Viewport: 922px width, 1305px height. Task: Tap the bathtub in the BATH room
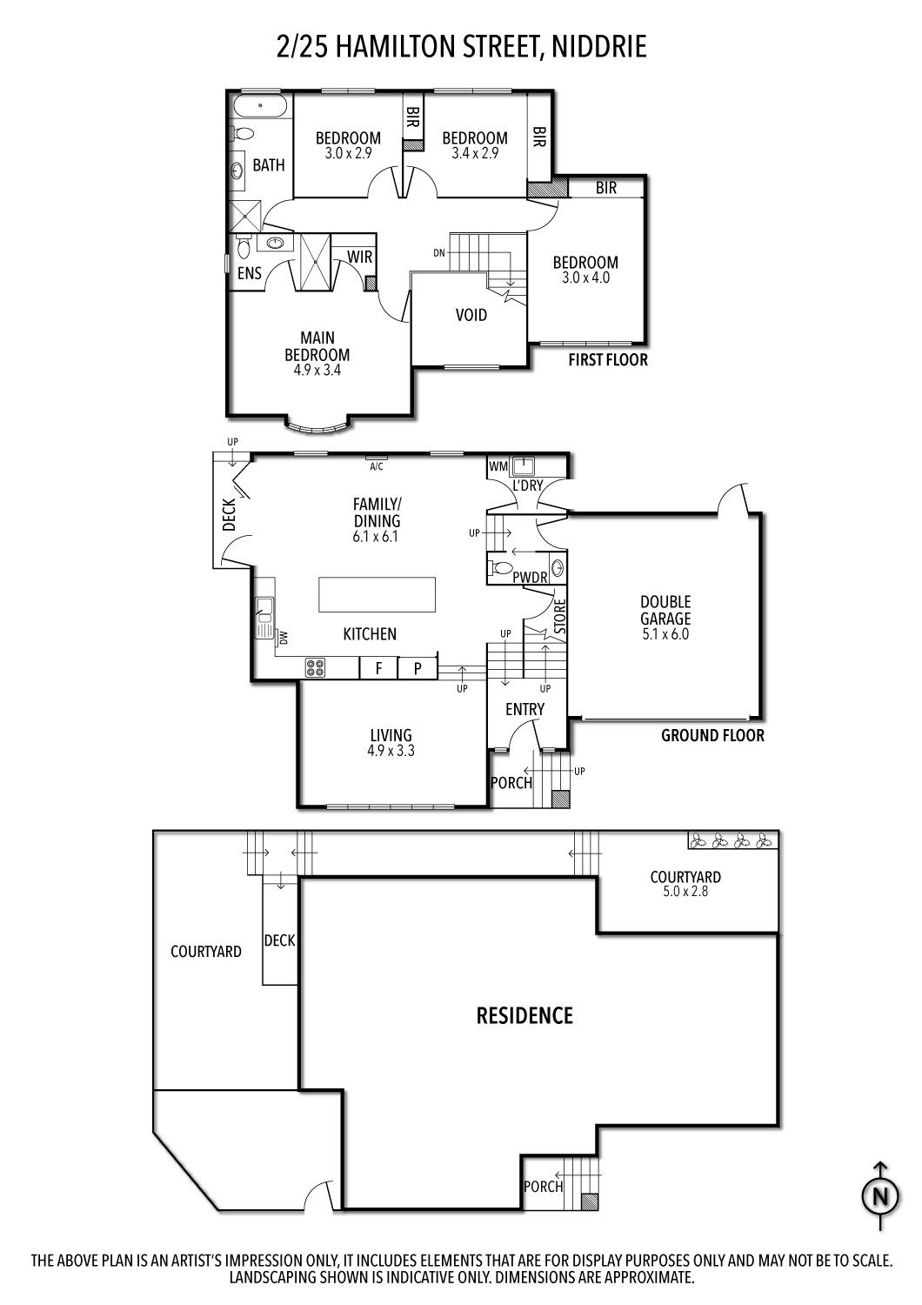pos(260,106)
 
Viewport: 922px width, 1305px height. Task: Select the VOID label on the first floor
pos(471,315)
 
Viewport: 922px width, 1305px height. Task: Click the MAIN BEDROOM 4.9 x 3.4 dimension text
pos(317,370)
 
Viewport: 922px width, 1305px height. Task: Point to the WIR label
pos(359,257)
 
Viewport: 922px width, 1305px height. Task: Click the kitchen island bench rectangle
pos(377,593)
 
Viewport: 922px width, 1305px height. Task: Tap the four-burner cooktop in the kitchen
pos(316,667)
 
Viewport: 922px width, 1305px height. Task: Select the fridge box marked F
pos(378,667)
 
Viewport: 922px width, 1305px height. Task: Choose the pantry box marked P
pos(418,667)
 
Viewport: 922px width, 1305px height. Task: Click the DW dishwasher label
pos(284,638)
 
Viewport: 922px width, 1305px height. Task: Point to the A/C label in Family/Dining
pos(377,466)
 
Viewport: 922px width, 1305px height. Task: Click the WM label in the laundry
pos(498,466)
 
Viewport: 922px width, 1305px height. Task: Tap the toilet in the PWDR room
pos(500,567)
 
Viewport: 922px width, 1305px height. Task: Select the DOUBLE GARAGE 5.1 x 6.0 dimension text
pos(665,634)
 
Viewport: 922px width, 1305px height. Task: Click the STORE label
pos(559,616)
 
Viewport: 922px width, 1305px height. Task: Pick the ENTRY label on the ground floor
pos(524,709)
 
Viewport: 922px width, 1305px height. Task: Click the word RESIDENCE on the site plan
pos(524,1015)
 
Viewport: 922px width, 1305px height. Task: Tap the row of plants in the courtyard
pos(731,840)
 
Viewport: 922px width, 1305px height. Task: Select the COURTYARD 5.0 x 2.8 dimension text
pos(685,892)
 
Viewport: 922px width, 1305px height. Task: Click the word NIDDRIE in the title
pos(598,47)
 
